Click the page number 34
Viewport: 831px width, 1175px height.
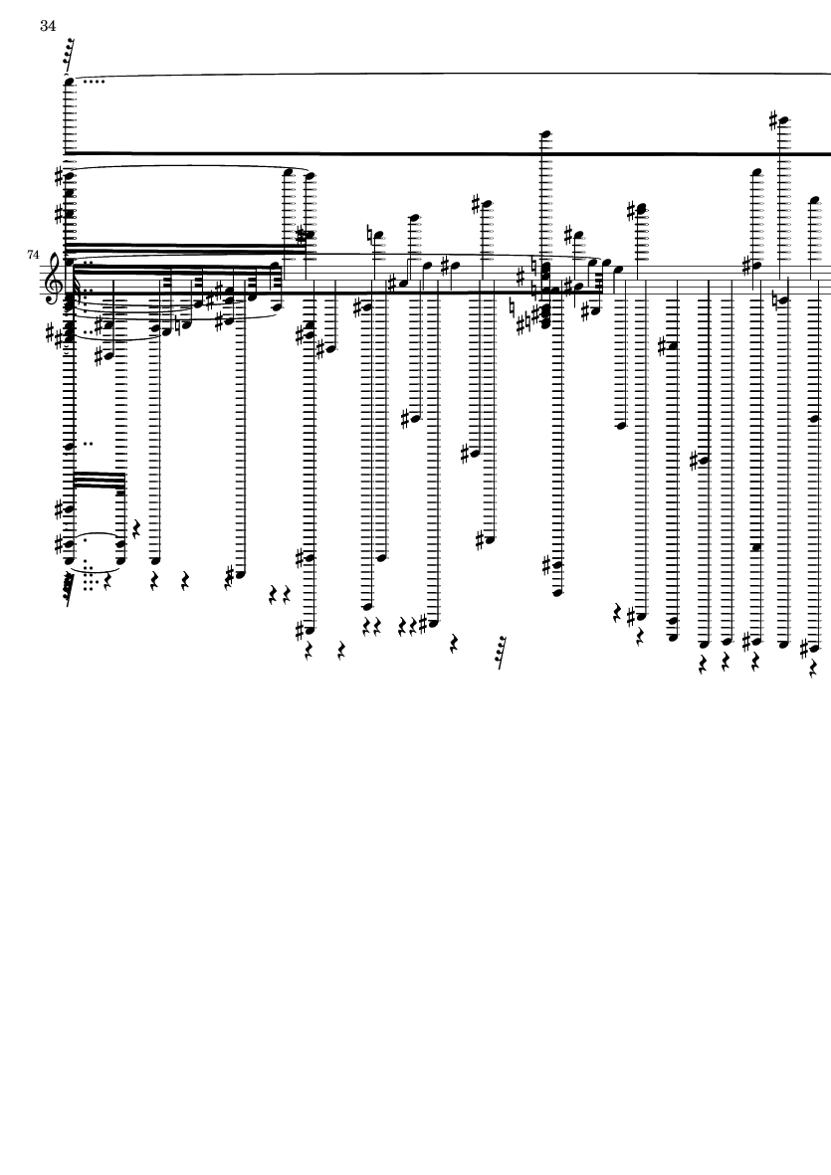[48, 26]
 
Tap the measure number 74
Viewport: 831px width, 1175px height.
[33, 255]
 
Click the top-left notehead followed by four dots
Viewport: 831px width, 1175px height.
[70, 81]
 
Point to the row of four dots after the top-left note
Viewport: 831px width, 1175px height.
[93, 81]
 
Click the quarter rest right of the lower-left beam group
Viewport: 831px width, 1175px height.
[138, 530]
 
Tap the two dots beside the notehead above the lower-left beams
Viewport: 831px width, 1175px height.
[89, 444]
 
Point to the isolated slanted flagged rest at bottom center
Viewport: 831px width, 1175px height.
[500, 652]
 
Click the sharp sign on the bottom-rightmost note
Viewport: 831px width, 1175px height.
[805, 648]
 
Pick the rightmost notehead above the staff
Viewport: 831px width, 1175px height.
[814, 201]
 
